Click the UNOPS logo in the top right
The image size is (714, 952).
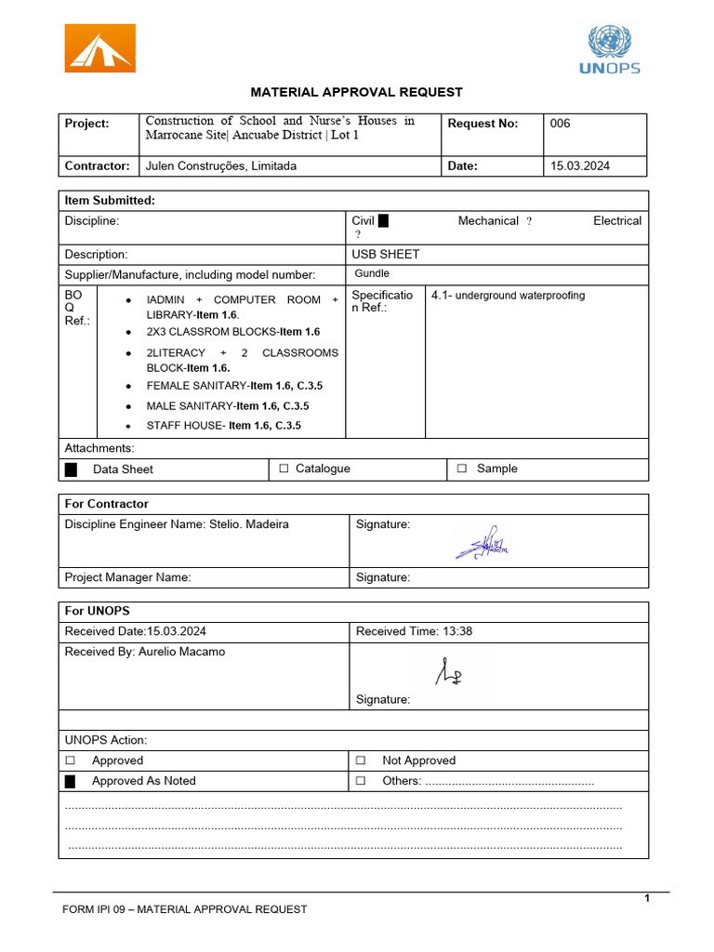pyautogui.click(x=609, y=49)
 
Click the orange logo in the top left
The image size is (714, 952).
pyautogui.click(x=99, y=48)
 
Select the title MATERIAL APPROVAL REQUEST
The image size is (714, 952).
pyautogui.click(x=356, y=92)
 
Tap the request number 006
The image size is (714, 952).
pyautogui.click(x=561, y=124)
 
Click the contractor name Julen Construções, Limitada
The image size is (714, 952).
pyautogui.click(x=221, y=166)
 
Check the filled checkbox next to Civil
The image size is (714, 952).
pyautogui.click(x=383, y=220)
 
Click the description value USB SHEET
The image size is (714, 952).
pyautogui.click(x=385, y=254)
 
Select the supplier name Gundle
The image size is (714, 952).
pyautogui.click(x=372, y=273)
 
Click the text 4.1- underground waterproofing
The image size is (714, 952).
pyautogui.click(x=509, y=296)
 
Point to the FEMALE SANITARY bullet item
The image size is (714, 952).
pyautogui.click(x=234, y=386)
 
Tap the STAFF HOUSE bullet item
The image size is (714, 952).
pyautogui.click(x=223, y=426)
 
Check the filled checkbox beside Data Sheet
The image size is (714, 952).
pyautogui.click(x=72, y=469)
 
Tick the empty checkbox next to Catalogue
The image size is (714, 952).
pyautogui.click(x=284, y=469)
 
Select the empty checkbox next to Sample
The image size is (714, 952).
pyautogui.click(x=462, y=469)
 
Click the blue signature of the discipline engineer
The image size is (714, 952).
pyautogui.click(x=482, y=543)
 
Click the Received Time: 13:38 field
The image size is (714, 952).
pyautogui.click(x=414, y=631)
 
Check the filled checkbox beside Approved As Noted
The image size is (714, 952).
pyautogui.click(x=70, y=781)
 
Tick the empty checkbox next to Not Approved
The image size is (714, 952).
pyautogui.click(x=361, y=760)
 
